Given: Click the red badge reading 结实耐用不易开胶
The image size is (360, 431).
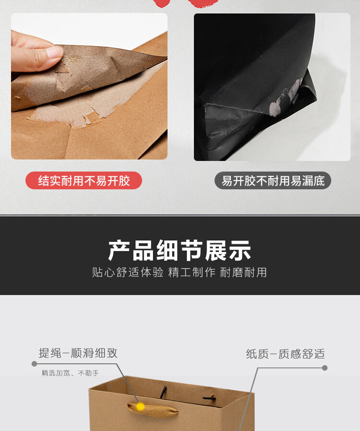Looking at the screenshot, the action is [x=84, y=181].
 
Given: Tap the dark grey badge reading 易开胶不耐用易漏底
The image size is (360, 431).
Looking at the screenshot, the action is [x=273, y=181].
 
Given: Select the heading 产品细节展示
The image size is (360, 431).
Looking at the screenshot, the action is [x=180, y=250].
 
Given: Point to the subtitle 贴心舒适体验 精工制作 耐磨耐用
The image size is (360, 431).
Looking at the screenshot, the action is [x=180, y=272].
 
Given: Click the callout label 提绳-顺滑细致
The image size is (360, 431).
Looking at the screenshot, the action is [x=78, y=353].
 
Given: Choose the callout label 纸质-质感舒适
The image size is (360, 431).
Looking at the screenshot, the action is [x=285, y=354].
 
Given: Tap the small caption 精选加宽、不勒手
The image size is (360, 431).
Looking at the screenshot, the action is [x=70, y=373].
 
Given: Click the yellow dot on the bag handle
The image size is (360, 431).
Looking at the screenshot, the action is [x=140, y=406].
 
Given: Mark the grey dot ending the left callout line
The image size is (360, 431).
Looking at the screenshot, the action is [x=35, y=364].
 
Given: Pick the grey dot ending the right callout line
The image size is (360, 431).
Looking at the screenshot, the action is [x=324, y=368].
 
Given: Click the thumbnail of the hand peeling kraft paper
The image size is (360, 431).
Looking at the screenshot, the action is [x=89, y=86].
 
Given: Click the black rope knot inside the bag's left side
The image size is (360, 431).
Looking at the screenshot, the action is [x=163, y=392].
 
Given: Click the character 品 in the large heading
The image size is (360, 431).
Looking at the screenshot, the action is [x=143, y=250].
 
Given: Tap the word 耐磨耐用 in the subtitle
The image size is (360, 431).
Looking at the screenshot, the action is [x=243, y=272].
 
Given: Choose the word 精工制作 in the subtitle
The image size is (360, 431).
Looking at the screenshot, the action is [x=192, y=272].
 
